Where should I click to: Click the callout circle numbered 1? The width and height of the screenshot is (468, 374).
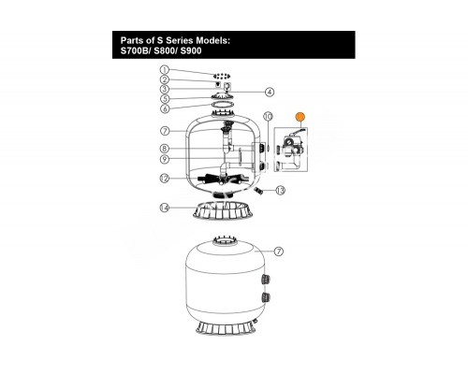165,70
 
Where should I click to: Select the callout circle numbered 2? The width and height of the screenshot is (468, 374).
165,79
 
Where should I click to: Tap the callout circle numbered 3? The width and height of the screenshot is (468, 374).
165,89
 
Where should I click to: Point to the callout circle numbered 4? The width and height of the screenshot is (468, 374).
270,92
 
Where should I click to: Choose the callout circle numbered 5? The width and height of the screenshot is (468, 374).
165,99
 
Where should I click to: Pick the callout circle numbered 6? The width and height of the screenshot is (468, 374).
165,108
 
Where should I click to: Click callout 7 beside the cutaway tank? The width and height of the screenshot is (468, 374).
165,131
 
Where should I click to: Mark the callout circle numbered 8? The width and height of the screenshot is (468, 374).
165,149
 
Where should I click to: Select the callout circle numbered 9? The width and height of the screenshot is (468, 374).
165,159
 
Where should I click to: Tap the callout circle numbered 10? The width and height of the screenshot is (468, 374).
268,116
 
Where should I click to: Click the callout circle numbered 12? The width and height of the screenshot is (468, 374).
165,179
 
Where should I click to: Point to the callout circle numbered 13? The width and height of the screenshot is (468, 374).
281,190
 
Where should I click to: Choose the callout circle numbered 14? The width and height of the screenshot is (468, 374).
165,208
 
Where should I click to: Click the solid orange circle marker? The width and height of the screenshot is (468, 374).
300,117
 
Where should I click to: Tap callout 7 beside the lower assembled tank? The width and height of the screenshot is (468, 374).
279,252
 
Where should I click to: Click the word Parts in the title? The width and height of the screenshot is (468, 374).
132,40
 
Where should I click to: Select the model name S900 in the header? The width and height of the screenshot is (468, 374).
191,50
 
